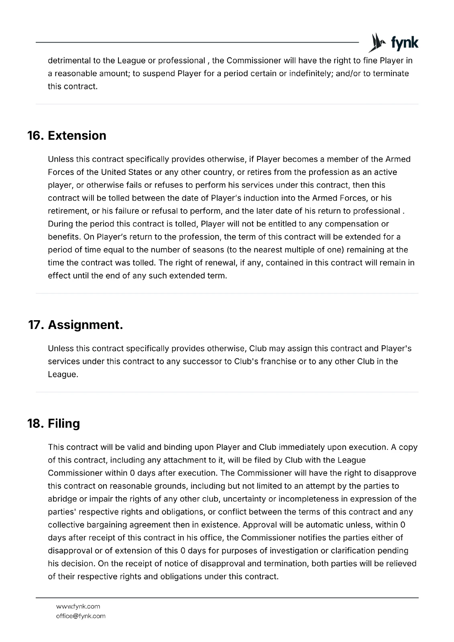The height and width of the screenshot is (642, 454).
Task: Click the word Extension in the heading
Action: click(x=77, y=136)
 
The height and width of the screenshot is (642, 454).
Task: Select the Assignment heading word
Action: click(x=85, y=325)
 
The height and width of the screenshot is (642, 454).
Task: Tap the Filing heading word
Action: click(x=64, y=423)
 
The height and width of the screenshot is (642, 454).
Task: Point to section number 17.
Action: click(x=36, y=325)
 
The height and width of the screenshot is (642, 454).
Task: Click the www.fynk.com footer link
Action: click(x=78, y=606)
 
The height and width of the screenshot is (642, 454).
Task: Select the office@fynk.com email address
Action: click(x=81, y=616)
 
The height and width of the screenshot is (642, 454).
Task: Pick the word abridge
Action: click(x=63, y=499)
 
